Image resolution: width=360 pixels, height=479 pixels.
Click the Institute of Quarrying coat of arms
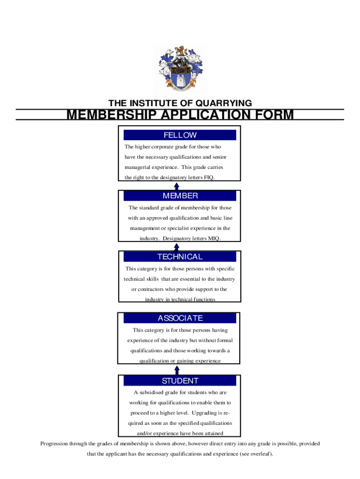180,68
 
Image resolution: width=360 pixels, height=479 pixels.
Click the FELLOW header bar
180,135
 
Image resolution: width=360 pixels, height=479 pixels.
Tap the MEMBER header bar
180,196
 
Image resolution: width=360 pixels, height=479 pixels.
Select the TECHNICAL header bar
180,256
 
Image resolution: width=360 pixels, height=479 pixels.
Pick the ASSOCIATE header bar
180,318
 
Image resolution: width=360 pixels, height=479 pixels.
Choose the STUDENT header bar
180,381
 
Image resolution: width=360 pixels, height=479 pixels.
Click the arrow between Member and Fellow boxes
177,186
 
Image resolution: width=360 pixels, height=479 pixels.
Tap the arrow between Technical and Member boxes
177,247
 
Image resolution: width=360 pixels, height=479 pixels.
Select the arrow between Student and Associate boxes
177,370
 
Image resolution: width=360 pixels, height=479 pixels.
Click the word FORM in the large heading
272,115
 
